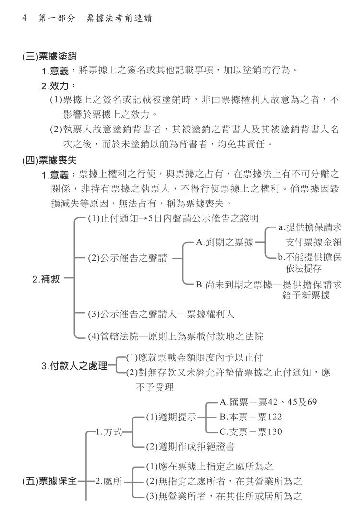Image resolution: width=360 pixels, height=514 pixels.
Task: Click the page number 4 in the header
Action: pos(24,18)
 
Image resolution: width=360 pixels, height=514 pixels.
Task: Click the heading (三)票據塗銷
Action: pos(49,56)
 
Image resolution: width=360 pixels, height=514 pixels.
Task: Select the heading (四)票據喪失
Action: pos(49,160)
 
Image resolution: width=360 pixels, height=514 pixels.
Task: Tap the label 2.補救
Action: pos(46,279)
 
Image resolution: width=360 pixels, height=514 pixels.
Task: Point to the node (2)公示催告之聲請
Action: pos(128,258)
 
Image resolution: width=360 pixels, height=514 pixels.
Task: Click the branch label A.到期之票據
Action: pos(225,242)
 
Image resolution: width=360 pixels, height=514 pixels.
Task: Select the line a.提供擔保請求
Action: pos(310,227)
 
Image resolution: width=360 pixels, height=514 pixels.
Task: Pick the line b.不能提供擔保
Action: pos(310,257)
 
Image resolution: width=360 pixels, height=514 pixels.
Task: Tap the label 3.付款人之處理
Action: pos(74,366)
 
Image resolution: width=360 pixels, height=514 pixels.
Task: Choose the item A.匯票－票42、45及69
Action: pos(268,402)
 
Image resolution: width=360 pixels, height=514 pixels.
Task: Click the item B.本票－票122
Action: pos(251,417)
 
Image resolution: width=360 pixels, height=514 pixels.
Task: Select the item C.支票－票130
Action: pos(251,432)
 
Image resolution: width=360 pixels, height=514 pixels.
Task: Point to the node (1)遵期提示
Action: pos(171,417)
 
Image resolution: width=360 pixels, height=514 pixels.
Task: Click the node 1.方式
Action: pos(108,432)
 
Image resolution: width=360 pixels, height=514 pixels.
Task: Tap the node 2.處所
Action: pos(108,481)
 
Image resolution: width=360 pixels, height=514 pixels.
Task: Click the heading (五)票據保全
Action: pos(49,481)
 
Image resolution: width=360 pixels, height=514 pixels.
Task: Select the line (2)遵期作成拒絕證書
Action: pos(191,446)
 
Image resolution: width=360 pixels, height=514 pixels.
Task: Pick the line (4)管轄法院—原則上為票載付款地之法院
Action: pos(176,336)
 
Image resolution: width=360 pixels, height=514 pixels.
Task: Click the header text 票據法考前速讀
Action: pos(120,18)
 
